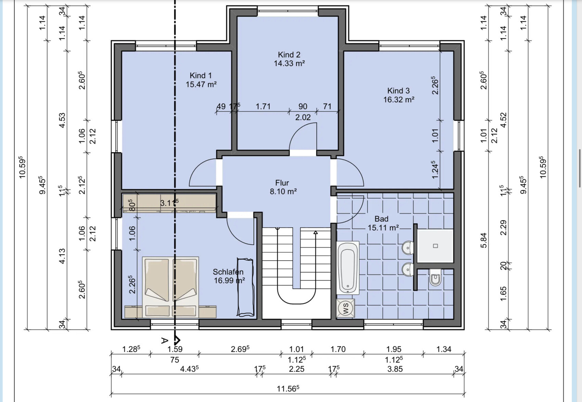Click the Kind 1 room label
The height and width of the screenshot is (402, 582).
[201, 75]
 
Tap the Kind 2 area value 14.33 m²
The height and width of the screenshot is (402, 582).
[289, 63]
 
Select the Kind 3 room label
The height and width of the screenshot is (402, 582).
[398, 91]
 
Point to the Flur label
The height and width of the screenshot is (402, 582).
[282, 182]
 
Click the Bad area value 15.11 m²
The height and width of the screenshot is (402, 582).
[383, 228]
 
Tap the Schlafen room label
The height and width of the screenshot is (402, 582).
[228, 272]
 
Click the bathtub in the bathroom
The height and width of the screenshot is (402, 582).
[347, 268]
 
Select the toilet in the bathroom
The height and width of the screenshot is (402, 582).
[435, 277]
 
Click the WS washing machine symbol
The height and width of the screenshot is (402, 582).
[345, 308]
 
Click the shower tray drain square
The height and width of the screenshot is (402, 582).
[435, 246]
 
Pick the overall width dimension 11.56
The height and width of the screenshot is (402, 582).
[288, 389]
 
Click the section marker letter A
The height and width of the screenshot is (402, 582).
[164, 340]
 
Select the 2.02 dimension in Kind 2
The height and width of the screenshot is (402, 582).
[303, 117]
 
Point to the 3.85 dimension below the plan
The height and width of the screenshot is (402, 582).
[395, 369]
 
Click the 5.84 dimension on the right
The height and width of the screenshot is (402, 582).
[483, 240]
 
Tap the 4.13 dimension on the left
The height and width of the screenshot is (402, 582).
[62, 256]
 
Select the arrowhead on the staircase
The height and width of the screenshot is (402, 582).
[315, 232]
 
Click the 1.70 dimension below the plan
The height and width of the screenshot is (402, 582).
[338, 349]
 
